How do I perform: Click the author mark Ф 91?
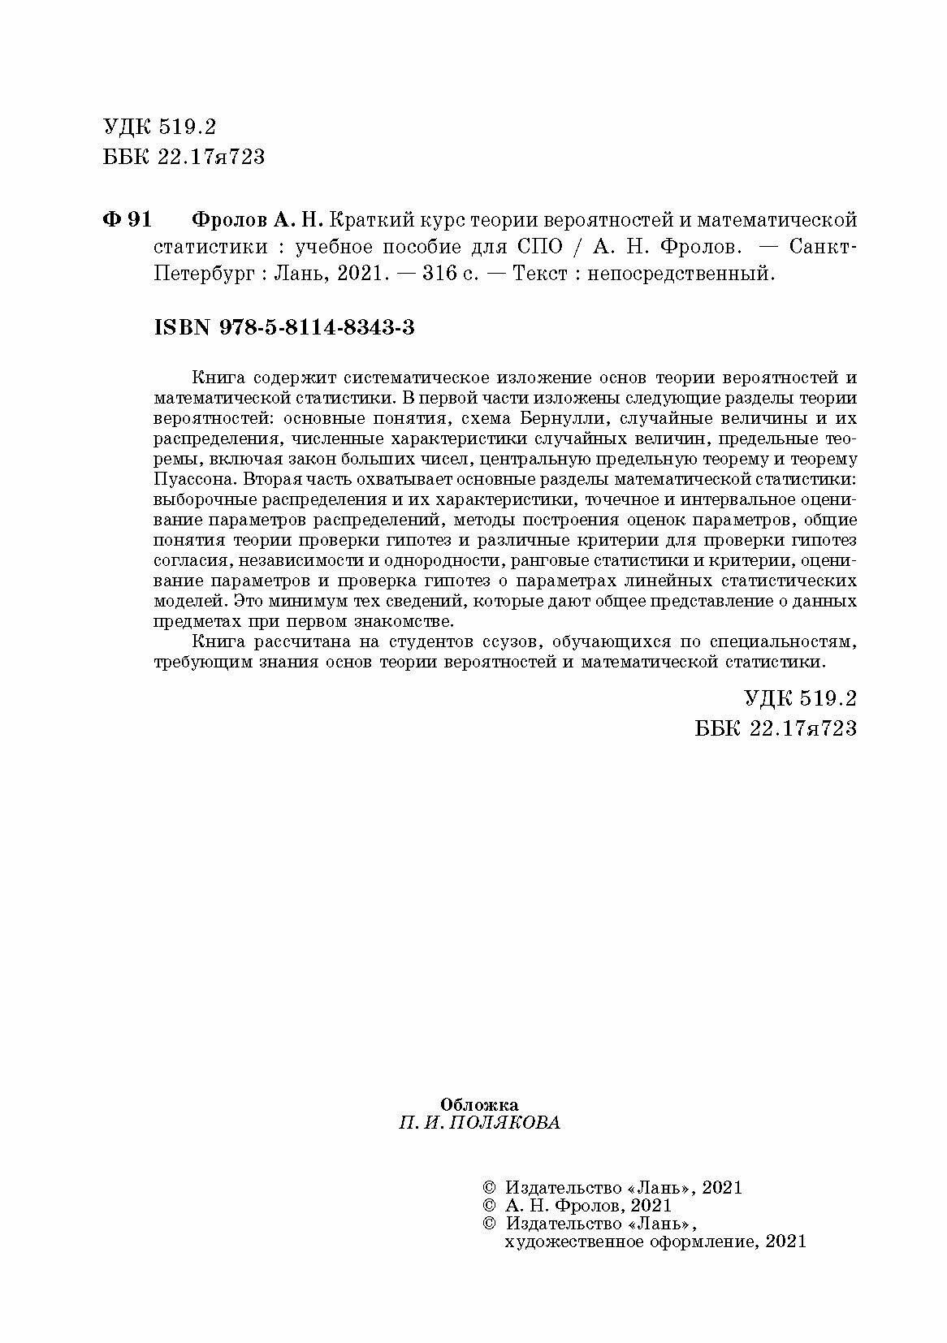click(x=128, y=220)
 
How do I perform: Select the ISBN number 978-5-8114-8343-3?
click(x=318, y=327)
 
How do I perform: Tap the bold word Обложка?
click(x=479, y=1104)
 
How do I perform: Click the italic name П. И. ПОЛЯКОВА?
click(x=479, y=1123)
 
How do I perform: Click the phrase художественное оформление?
click(x=629, y=1242)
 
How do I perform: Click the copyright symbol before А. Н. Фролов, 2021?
click(x=488, y=1206)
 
